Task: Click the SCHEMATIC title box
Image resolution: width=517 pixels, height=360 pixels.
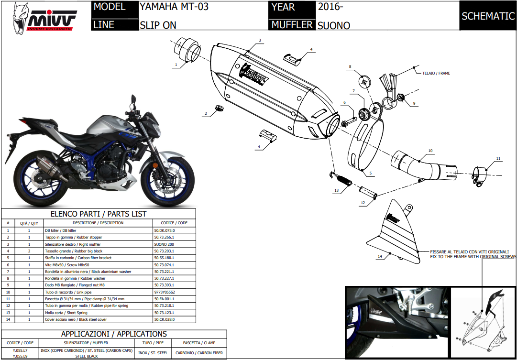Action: [487, 16]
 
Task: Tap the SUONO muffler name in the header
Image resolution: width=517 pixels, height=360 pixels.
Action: [334, 25]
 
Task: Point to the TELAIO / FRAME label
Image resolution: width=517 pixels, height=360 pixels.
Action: [436, 73]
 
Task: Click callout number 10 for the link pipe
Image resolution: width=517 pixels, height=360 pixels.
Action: [430, 151]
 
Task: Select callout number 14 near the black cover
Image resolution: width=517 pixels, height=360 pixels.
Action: [380, 257]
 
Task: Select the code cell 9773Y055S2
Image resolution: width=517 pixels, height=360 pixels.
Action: [165, 292]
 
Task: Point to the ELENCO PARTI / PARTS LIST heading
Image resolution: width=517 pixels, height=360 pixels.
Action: [99, 214]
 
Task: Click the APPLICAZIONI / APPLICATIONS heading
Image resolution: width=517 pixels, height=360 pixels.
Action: [114, 334]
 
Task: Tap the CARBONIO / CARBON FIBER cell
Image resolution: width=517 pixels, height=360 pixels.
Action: [203, 353]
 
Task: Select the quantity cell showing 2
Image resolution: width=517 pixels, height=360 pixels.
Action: [29, 251]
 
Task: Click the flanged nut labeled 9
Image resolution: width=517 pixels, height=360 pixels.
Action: [401, 98]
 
